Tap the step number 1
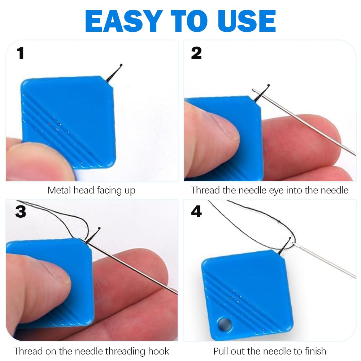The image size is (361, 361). pos(20,53)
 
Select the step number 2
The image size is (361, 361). pos(196,53)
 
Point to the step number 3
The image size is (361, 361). pos(21,212)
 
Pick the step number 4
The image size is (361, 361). pos(196,212)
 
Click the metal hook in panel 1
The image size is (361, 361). pos(115,72)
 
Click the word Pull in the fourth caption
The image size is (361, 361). pos(221,351)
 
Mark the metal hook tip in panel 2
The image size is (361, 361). pos(268,86)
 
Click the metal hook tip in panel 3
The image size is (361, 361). pos(99,229)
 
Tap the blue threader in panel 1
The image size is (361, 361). pos(69,119)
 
